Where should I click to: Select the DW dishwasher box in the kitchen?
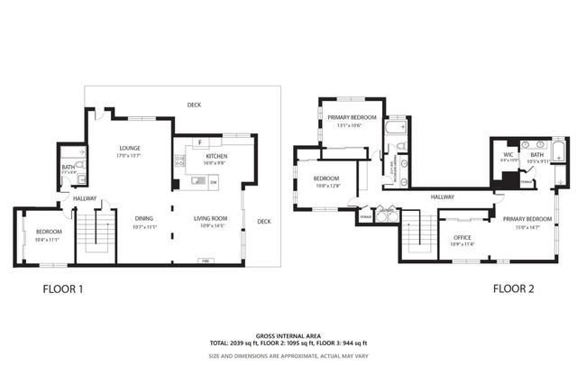click(x=214, y=183)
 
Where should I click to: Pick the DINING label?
click(x=144, y=218)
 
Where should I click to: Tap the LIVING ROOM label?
click(x=212, y=218)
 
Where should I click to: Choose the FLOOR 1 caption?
click(x=63, y=289)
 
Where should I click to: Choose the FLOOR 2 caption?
click(x=514, y=289)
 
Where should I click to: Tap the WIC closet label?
click(x=508, y=155)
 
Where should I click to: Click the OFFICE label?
click(x=463, y=238)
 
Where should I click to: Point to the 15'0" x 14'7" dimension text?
click(x=527, y=227)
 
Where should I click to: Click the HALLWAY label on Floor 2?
click(x=443, y=197)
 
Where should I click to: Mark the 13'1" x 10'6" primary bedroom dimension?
click(x=349, y=125)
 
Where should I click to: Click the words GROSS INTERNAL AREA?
click(x=288, y=334)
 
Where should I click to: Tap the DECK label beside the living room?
click(x=263, y=222)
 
